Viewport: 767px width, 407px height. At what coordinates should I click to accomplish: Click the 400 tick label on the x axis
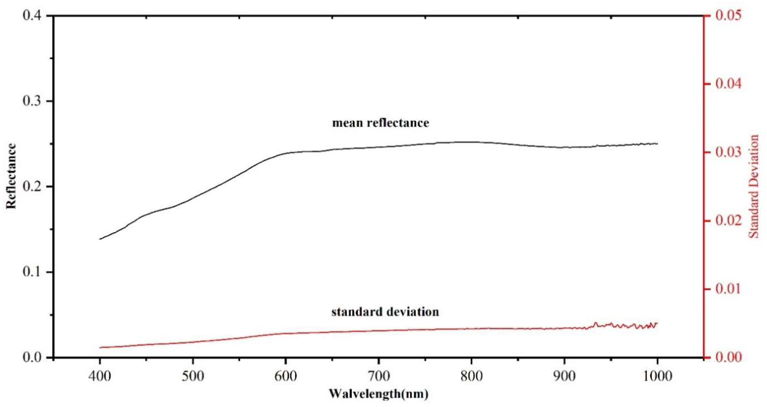point(100,376)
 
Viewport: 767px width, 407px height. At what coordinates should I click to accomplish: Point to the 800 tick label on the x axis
point(471,376)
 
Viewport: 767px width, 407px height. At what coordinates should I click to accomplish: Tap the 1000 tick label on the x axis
point(657,376)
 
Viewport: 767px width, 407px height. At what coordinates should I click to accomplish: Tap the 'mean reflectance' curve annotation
point(381,123)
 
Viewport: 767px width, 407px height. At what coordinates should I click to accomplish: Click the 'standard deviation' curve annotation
point(385,312)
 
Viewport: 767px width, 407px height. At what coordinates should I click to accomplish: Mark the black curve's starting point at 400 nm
point(100,239)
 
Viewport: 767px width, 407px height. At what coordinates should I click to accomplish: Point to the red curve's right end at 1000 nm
point(657,323)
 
